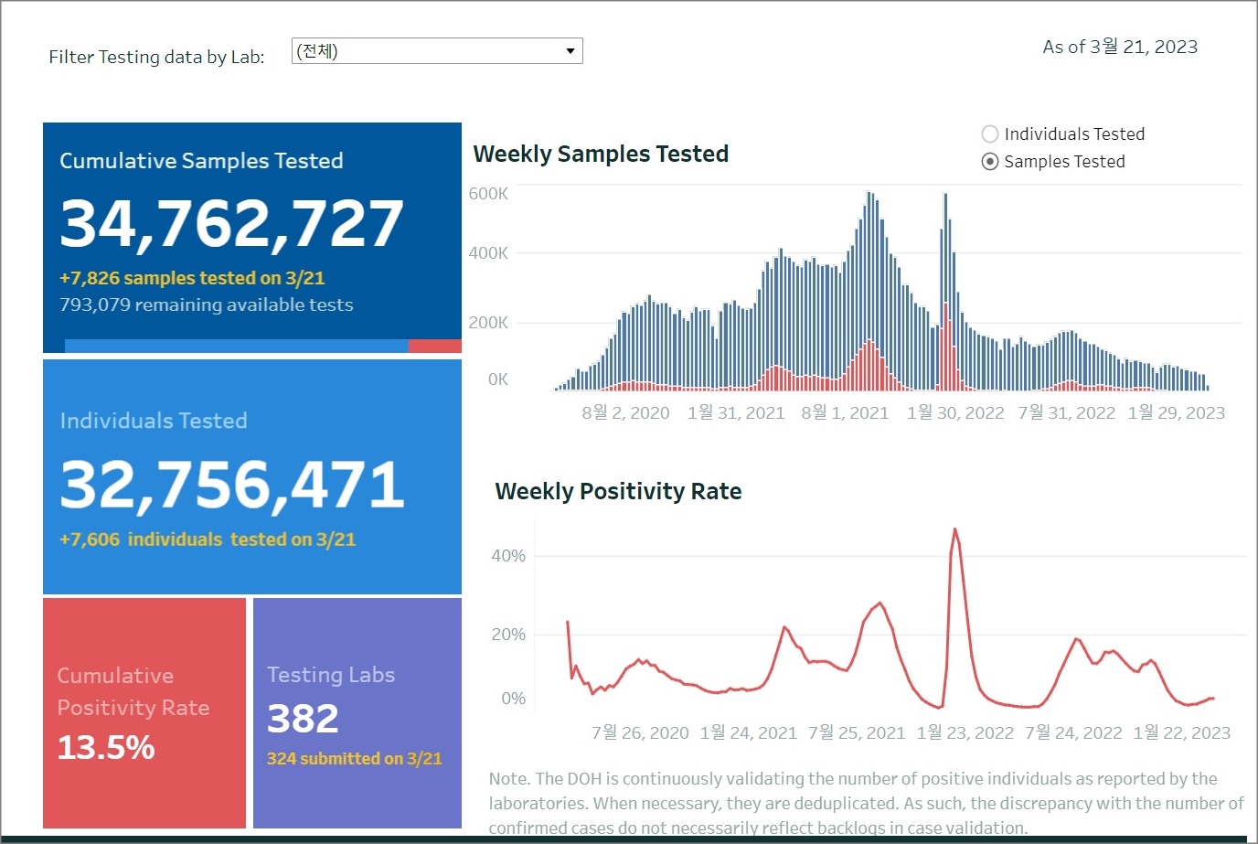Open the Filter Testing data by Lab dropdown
[x=437, y=51]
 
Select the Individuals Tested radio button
[x=989, y=134]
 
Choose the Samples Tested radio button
[x=989, y=162]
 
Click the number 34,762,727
[x=231, y=223]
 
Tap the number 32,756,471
[x=231, y=484]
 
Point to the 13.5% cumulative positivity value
[x=106, y=748]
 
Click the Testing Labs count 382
[x=303, y=719]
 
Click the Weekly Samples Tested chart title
[x=601, y=154]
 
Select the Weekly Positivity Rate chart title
[x=618, y=491]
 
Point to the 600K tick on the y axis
[x=488, y=194]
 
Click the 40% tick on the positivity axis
[x=508, y=556]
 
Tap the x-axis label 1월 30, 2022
[x=955, y=413]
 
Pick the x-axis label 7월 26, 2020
[x=640, y=733]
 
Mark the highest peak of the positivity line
[x=954, y=529]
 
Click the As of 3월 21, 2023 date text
[x=1120, y=47]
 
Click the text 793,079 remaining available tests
[x=207, y=305]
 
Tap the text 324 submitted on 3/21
[x=354, y=759]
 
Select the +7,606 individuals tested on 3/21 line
[x=208, y=540]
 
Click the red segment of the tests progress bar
[x=434, y=346]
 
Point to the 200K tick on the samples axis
[x=488, y=323]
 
